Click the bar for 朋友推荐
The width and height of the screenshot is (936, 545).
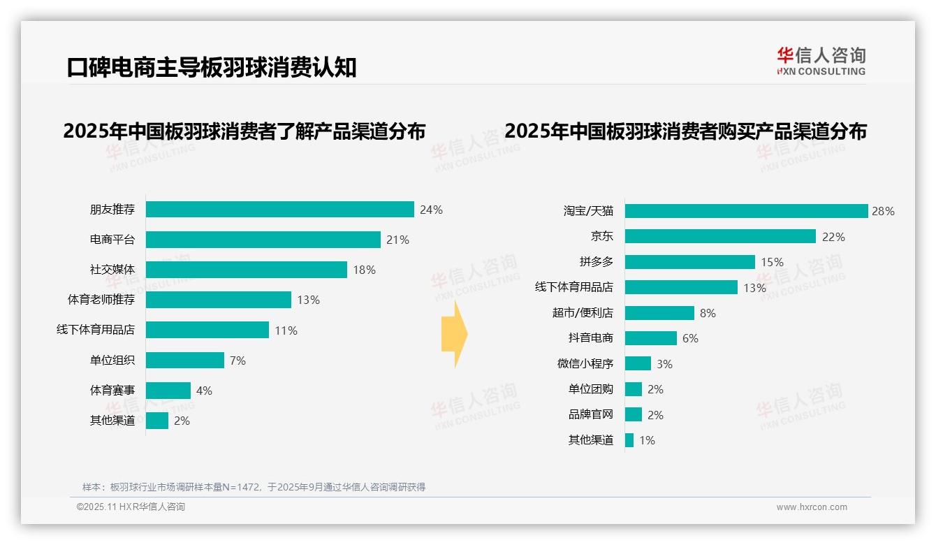279,210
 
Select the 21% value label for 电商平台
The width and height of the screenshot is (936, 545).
397,240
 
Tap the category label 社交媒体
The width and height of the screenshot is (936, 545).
112,270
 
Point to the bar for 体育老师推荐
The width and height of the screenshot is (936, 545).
218,300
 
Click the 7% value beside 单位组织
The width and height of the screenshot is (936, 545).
237,361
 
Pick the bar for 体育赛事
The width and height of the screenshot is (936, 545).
168,391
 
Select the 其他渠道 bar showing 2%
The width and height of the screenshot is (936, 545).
157,421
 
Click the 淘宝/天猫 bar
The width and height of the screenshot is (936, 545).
746,211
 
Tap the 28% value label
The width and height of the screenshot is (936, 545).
883,211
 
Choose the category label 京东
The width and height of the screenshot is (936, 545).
601,236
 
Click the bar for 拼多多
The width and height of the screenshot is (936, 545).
689,262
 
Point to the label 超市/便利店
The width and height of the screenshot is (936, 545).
583,312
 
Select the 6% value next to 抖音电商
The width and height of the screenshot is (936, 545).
690,338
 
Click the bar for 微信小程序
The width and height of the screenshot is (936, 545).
638,364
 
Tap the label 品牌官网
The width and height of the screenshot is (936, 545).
590,414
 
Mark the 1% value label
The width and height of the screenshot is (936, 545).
647,440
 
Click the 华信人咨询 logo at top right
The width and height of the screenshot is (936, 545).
821,61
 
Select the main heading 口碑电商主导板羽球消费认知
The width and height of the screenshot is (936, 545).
212,68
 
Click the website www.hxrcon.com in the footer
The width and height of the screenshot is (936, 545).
812,507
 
